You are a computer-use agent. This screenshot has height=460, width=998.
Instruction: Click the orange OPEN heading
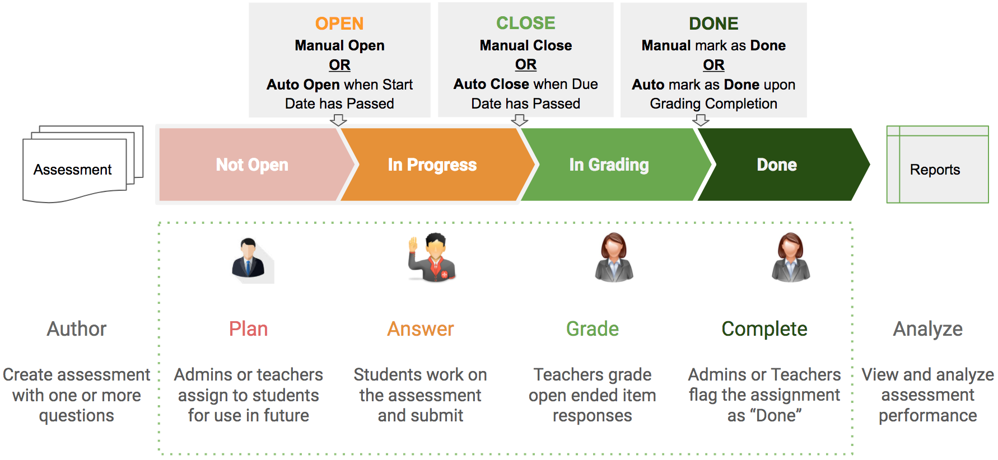click(339, 24)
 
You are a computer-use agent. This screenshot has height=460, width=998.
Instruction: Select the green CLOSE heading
click(525, 23)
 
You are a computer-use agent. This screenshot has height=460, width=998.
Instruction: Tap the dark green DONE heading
click(713, 24)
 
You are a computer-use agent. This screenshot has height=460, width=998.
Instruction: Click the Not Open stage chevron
click(252, 165)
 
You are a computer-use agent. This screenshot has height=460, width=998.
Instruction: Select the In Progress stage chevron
click(432, 165)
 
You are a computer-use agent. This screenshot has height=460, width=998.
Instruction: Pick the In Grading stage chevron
click(609, 165)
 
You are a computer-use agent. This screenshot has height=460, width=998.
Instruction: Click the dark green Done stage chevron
click(777, 165)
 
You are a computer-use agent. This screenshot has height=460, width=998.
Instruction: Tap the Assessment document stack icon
click(78, 165)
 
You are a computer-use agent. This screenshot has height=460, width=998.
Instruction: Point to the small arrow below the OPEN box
click(338, 120)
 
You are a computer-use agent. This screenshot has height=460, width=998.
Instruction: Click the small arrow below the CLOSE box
click(520, 120)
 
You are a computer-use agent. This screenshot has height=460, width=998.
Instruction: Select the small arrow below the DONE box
click(701, 120)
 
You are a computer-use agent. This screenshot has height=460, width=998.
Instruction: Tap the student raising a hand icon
click(432, 257)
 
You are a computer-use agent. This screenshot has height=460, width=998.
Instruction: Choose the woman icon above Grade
click(614, 257)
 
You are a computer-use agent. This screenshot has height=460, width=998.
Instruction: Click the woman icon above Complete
click(790, 257)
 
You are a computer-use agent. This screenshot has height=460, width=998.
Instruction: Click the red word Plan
click(248, 329)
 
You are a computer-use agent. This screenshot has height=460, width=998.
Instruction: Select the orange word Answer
click(420, 329)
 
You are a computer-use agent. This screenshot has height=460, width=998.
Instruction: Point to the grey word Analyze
click(927, 329)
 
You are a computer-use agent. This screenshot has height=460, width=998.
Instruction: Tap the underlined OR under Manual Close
click(525, 64)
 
